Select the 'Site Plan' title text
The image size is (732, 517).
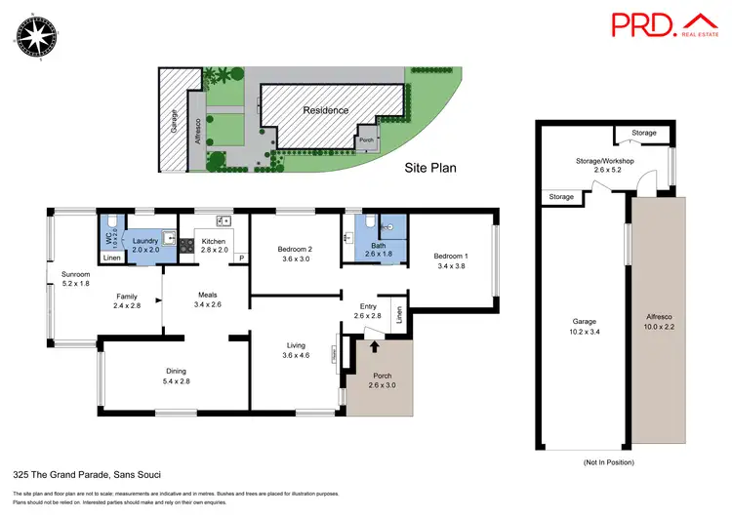[430, 168]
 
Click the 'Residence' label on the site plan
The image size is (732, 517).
[325, 110]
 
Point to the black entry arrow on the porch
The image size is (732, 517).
[374, 345]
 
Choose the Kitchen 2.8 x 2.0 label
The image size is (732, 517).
[214, 245]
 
